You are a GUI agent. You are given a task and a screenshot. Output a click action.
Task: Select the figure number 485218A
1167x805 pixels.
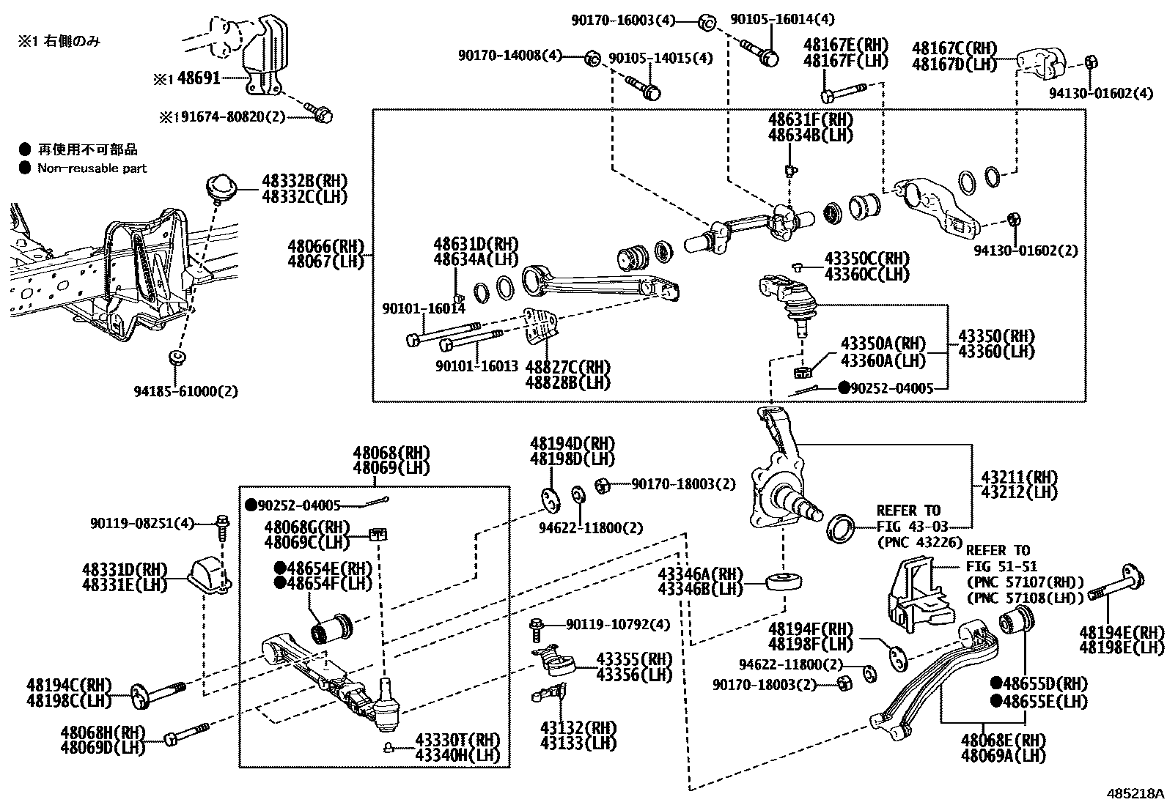pos(1135,793)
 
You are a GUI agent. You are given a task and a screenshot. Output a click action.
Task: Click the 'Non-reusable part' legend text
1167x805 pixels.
pos(92,168)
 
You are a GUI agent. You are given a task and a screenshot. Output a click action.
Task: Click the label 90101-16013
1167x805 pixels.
pos(476,365)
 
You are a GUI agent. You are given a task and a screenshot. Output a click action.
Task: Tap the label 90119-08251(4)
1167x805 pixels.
pos(143,523)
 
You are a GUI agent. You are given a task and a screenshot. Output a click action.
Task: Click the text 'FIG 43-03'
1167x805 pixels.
pos(912,526)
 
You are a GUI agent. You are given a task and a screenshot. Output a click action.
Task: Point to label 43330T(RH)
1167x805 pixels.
pos(457,739)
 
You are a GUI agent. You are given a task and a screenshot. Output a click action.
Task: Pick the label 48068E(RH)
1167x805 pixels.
pos(1004,741)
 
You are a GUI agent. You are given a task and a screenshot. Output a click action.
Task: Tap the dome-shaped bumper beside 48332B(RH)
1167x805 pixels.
pos(218,186)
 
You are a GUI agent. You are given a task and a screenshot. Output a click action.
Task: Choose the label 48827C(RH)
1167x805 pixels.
pos(567,366)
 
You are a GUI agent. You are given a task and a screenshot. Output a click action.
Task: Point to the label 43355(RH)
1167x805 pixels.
pos(634,658)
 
